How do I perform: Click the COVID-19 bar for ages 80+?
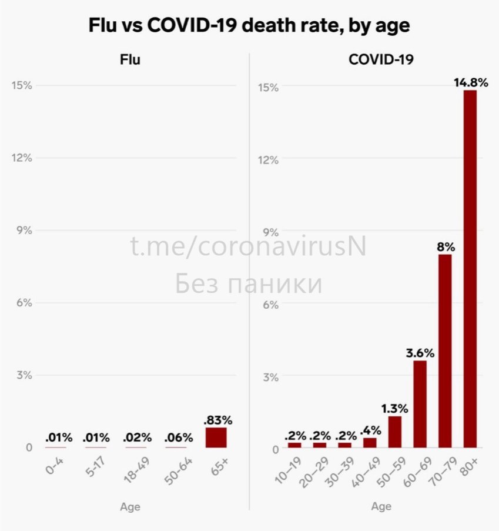pyautogui.click(x=470, y=269)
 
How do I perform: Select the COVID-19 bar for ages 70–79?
pyautogui.click(x=445, y=351)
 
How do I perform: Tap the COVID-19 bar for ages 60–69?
pyautogui.click(x=420, y=404)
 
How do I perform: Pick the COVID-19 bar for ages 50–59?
pyautogui.click(x=395, y=432)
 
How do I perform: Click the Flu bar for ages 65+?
pyautogui.click(x=216, y=438)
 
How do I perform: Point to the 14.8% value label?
pyautogui.click(x=471, y=83)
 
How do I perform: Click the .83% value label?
pyautogui.click(x=217, y=420)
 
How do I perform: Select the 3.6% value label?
pyautogui.click(x=420, y=353)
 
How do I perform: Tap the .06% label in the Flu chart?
pyautogui.click(x=179, y=438)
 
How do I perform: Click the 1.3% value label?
pyautogui.click(x=395, y=409)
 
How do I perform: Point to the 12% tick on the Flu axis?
pyautogui.click(x=22, y=158)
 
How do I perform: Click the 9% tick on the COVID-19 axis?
pyautogui.click(x=271, y=232)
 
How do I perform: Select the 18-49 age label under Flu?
pyautogui.click(x=137, y=469)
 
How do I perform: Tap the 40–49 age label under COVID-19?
pyautogui.click(x=366, y=472)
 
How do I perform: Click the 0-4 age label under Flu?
pyautogui.click(x=55, y=465)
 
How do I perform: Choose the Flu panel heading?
pyautogui.click(x=130, y=59)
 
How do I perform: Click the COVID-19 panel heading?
pyautogui.click(x=381, y=59)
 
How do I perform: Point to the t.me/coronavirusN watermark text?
pyautogui.click(x=248, y=246)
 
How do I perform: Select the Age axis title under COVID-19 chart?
pyautogui.click(x=381, y=507)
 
